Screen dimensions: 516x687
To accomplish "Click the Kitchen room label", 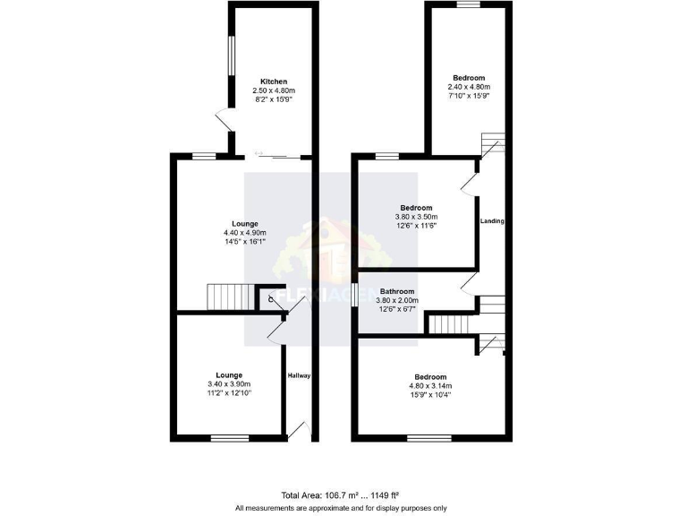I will pos(273,82).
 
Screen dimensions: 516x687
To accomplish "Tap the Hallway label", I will pos(299,375).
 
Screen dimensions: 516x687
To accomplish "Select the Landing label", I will pos(491,221).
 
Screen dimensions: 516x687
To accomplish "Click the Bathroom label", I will pos(397,292).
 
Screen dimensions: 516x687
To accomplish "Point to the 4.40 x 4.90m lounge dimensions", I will pos(245,233).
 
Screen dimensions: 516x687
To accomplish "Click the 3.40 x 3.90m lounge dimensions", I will pos(229,384).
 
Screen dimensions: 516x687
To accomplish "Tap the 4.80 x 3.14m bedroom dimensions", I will pos(430,386).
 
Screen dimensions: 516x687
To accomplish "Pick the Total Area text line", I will pos(339,495).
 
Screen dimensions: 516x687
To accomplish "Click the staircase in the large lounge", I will pos(225,297).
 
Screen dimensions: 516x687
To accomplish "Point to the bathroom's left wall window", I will pos(355,294).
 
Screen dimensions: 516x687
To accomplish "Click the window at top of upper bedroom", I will pos(470,5).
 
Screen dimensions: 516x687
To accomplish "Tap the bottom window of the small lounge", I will pos(229,438).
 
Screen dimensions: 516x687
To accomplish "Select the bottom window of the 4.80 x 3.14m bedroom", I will pos(432,438).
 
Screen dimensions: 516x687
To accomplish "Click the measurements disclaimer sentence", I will pos(341,508).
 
